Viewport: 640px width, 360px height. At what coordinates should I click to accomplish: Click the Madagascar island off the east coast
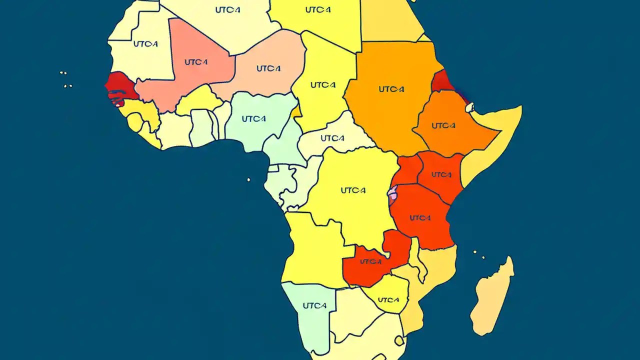click(492, 297)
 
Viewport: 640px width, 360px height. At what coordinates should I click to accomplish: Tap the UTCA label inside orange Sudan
click(391, 89)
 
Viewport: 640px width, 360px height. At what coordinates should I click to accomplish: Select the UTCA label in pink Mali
click(196, 62)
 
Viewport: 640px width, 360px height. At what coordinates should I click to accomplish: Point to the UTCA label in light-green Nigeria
click(253, 119)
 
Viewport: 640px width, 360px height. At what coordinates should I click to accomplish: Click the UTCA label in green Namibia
click(314, 305)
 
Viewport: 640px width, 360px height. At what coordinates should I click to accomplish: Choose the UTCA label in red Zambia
click(370, 261)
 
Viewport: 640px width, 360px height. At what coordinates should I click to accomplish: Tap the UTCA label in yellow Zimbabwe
click(388, 300)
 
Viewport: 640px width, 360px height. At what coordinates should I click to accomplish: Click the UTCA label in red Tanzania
click(420, 218)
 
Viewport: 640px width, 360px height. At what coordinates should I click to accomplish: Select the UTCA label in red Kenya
click(441, 174)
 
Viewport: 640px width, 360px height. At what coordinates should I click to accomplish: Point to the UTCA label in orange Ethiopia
click(443, 125)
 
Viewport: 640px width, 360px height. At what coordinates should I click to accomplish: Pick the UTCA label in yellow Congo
click(353, 190)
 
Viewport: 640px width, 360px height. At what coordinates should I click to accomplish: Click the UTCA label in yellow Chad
click(322, 84)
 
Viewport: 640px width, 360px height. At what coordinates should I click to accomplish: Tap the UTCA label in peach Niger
click(268, 68)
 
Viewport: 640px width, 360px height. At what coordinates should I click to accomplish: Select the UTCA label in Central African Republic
click(332, 138)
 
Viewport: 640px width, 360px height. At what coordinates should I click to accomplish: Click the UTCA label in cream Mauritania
click(145, 44)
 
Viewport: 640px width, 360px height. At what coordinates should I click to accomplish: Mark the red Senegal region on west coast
click(121, 86)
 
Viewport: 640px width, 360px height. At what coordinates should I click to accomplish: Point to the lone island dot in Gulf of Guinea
click(248, 179)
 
